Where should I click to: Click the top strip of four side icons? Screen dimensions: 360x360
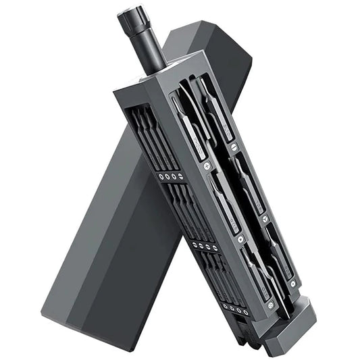coord(168,177)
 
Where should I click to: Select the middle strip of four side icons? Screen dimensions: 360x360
coord(203,247)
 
